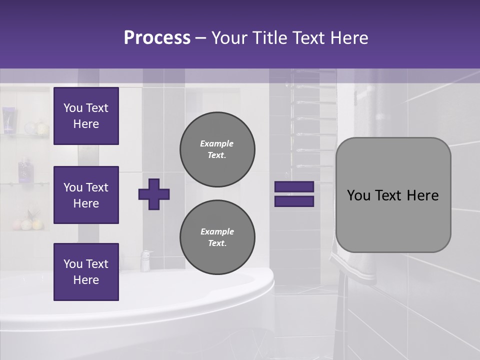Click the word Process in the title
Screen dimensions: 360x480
(157, 38)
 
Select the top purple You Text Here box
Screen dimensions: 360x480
(86, 116)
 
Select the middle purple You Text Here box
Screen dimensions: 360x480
(86, 195)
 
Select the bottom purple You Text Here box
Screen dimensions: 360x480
(86, 272)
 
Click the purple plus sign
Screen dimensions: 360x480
(154, 194)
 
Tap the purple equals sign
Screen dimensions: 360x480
(294, 194)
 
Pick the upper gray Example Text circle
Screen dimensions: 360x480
(217, 149)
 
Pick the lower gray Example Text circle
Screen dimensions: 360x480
(217, 237)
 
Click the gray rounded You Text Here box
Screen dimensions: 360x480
(393, 195)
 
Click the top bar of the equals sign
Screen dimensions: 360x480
(294, 186)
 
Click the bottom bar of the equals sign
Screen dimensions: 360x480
(294, 201)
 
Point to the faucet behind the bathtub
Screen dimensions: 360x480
(145, 260)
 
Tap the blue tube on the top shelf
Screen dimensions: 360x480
(8, 120)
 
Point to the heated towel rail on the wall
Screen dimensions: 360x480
(312, 125)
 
